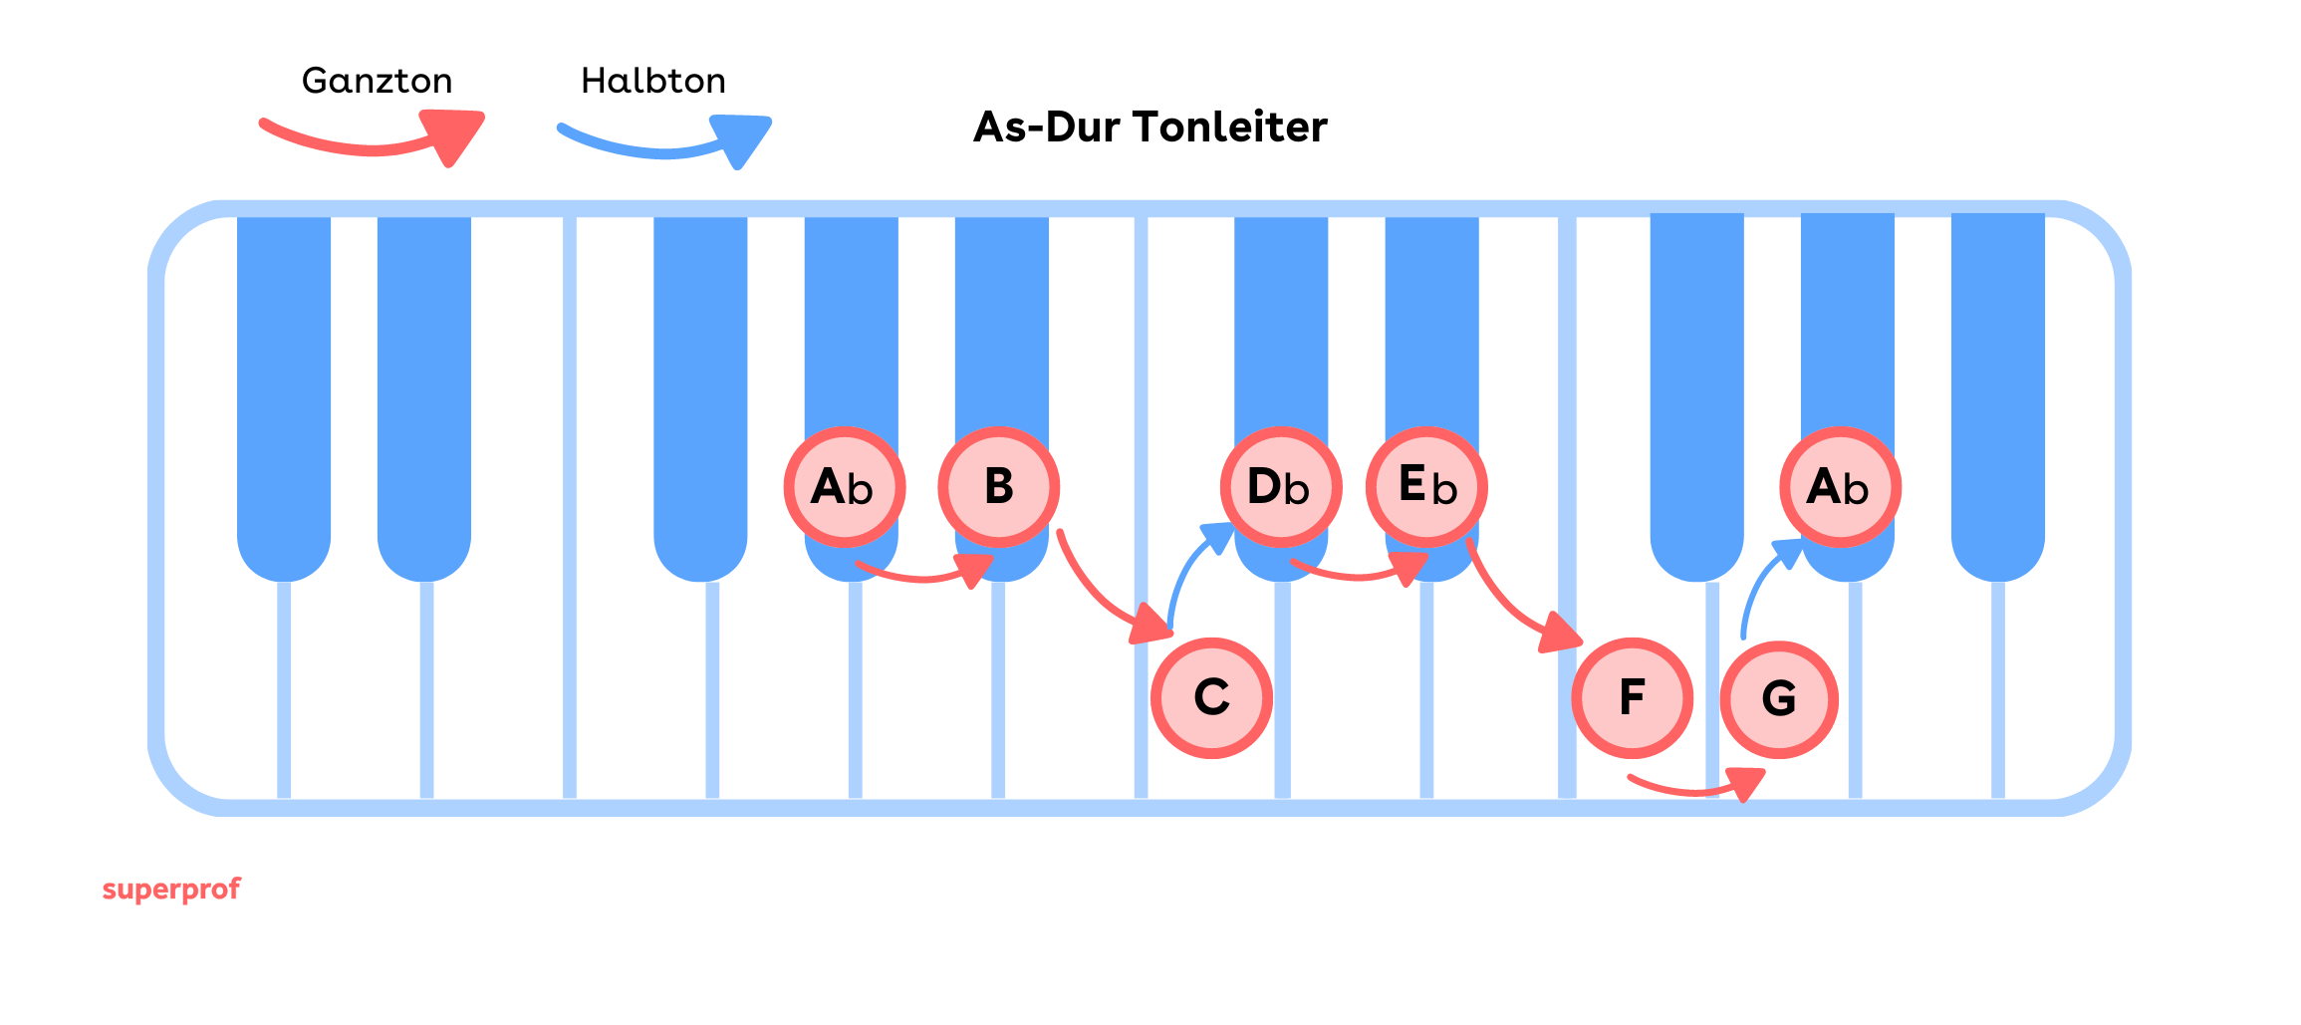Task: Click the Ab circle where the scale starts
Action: coord(844,487)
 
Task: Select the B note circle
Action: coord(998,487)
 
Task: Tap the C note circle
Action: coord(1211,697)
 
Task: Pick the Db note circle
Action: coord(1281,487)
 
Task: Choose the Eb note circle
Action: coord(1426,487)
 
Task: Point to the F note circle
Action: coord(1632,697)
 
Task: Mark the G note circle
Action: coord(1779,698)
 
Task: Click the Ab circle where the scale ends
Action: coord(1840,487)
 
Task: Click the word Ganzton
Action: coord(377,81)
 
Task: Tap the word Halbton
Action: coord(653,81)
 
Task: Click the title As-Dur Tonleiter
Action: coord(1150,128)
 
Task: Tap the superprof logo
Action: coord(171,889)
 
